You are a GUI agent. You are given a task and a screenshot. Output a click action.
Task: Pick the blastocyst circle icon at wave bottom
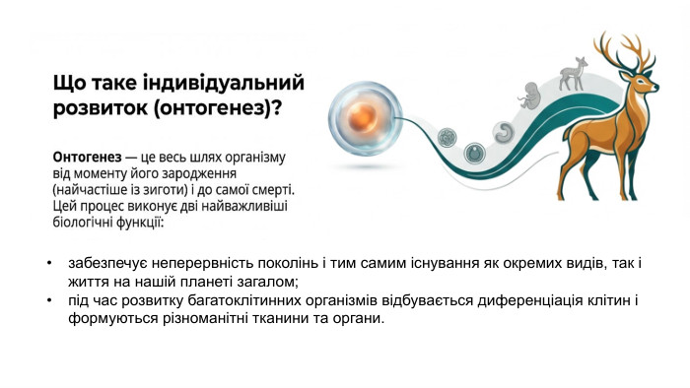[475, 153]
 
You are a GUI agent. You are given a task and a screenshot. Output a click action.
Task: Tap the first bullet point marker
[49, 264]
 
